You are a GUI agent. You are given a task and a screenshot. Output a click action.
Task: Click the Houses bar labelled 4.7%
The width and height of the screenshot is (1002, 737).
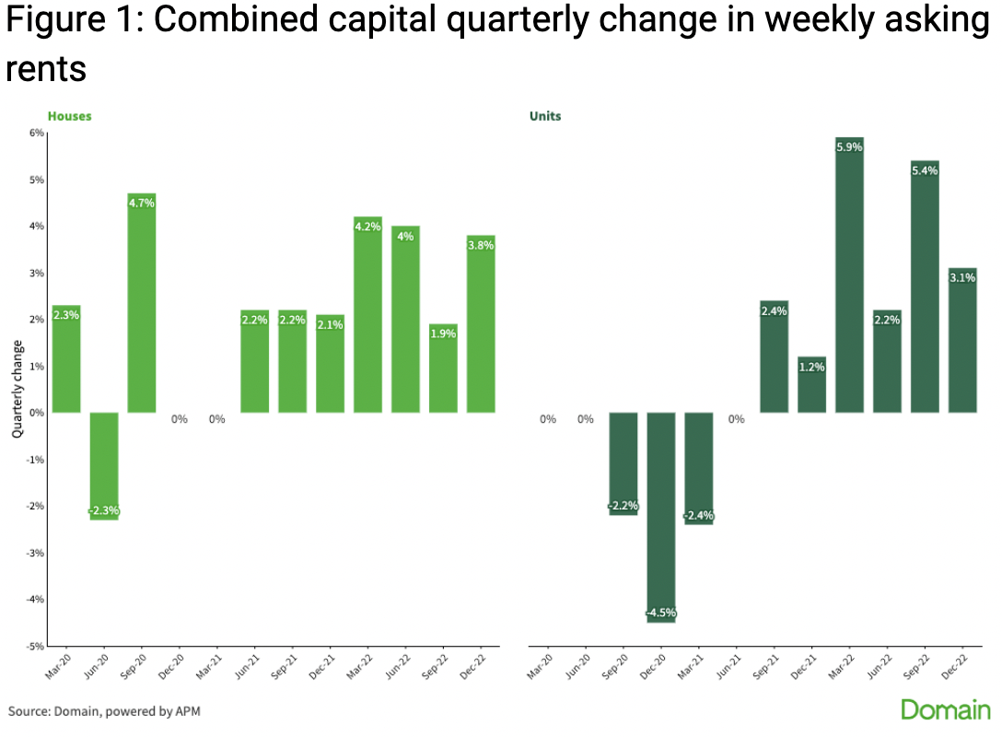(142, 304)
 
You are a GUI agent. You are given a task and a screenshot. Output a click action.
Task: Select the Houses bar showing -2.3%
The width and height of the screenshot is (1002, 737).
(104, 466)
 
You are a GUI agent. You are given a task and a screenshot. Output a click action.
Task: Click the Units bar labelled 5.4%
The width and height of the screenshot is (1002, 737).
(925, 287)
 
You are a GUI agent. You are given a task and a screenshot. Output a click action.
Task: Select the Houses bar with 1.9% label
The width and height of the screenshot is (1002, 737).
(443, 368)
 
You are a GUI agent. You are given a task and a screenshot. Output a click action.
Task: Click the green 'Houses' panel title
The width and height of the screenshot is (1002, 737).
(70, 116)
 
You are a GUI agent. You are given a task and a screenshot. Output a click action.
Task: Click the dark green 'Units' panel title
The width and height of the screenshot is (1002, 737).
(545, 116)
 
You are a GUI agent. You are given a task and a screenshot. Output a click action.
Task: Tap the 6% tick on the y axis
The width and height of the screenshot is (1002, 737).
(36, 133)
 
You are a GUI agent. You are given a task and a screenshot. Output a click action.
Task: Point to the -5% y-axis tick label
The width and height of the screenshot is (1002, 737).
(34, 646)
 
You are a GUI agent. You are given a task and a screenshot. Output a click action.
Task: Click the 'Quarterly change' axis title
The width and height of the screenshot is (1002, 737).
(17, 389)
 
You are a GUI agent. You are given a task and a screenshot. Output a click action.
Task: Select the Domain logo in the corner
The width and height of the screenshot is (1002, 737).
(945, 709)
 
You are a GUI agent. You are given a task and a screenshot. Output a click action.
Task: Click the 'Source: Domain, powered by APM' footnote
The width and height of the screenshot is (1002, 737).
(104, 711)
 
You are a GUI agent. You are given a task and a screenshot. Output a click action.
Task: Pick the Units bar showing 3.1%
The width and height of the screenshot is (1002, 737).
(961, 341)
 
